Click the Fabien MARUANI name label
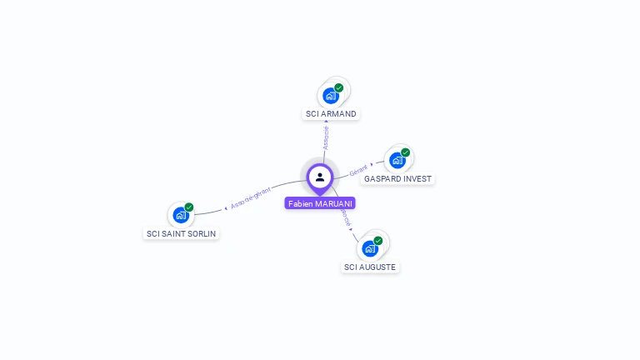(x=320, y=203)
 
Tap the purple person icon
(x=320, y=177)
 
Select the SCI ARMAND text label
(x=331, y=113)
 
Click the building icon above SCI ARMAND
(x=331, y=96)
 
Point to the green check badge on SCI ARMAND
(x=339, y=87)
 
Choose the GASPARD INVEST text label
(x=398, y=178)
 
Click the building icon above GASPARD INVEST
(x=397, y=160)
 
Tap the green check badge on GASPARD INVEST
(x=406, y=152)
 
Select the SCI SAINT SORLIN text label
(x=182, y=234)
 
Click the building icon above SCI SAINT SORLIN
(x=181, y=215)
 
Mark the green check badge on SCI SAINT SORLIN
(x=189, y=207)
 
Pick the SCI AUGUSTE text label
(x=370, y=267)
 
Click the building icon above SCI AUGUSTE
(x=370, y=248)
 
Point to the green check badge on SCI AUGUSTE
(x=378, y=241)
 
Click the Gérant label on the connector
(x=358, y=170)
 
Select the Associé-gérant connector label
(x=251, y=197)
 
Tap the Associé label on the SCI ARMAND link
(x=326, y=137)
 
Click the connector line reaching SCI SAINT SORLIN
(x=208, y=212)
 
